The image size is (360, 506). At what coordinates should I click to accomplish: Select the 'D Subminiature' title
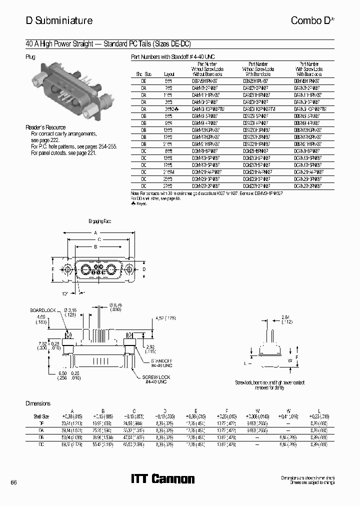[x=58, y=20]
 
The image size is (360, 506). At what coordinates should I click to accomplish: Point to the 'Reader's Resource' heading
[x=45, y=127]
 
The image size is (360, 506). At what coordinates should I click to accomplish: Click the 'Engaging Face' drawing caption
[x=99, y=220]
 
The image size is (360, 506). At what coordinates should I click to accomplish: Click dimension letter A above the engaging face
[x=95, y=233]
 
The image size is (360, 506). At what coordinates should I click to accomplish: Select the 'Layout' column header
[x=169, y=73]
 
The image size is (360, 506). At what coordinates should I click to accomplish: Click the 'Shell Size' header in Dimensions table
[x=41, y=416]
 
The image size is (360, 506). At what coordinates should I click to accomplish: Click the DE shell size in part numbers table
[x=144, y=80]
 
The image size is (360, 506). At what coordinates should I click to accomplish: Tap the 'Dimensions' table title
[x=38, y=403]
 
